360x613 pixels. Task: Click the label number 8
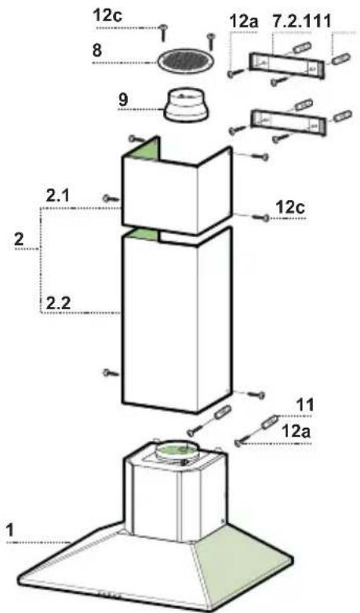(97, 50)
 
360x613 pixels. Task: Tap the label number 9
(123, 100)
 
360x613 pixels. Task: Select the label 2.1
(58, 195)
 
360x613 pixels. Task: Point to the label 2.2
(59, 303)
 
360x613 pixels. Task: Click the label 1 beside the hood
(9, 530)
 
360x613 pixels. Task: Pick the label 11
(305, 405)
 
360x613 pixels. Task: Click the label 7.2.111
(301, 20)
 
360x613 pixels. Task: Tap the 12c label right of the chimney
(290, 207)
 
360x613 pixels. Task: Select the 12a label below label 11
(296, 431)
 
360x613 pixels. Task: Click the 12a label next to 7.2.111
(244, 21)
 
